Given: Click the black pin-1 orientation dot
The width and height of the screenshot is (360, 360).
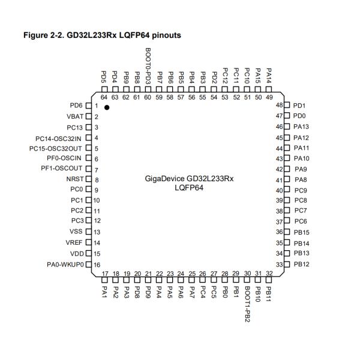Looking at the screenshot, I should click(x=107, y=107).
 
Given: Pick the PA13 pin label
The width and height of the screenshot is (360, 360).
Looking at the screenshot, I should click(x=301, y=127).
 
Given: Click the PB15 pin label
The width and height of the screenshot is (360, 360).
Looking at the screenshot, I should click(x=301, y=232).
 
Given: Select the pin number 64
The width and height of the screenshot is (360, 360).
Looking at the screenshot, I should click(x=104, y=97).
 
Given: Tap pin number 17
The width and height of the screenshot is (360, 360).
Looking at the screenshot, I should click(x=104, y=274).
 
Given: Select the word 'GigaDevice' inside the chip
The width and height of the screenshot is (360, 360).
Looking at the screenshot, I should click(x=165, y=178).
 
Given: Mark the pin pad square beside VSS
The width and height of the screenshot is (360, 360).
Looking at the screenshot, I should click(x=89, y=232).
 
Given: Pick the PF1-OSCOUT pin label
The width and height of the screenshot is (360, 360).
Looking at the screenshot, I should click(x=62, y=169).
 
